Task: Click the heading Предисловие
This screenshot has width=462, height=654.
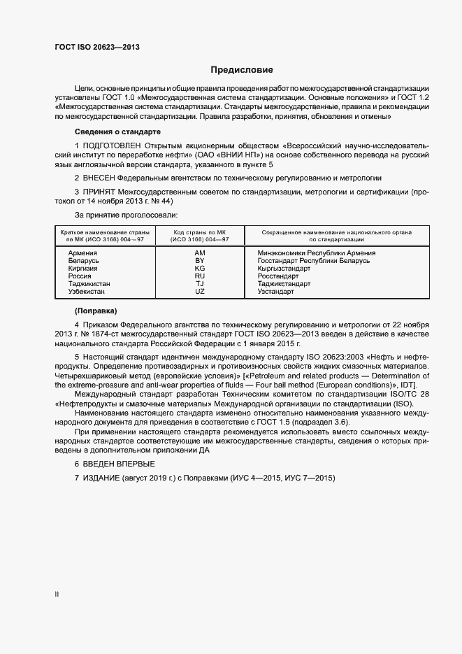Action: click(242, 70)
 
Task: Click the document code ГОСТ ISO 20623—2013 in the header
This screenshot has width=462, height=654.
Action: click(97, 48)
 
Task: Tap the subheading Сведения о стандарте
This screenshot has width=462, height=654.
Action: click(117, 131)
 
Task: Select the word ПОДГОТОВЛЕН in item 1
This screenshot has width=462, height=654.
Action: click(112, 145)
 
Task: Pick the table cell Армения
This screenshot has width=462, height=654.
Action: click(82, 253)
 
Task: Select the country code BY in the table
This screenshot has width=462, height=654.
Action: click(199, 261)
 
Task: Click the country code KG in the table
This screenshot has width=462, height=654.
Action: click(199, 269)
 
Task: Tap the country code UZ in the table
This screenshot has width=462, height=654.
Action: click(199, 292)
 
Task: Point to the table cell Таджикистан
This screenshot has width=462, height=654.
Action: click(89, 284)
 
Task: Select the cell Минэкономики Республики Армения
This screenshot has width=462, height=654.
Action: click(316, 253)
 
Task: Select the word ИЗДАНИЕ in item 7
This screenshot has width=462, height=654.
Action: click(101, 478)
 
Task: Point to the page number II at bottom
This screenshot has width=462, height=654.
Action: click(57, 595)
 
